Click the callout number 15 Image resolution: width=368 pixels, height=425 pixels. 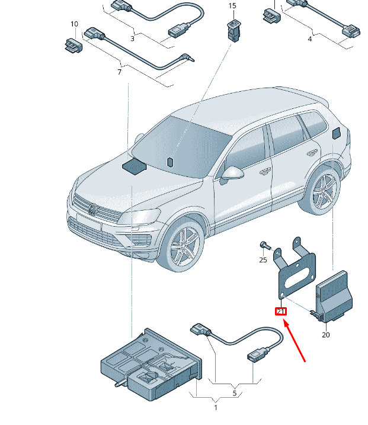pyautogui.click(x=232, y=6)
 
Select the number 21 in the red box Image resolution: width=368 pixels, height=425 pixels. pyautogui.click(x=280, y=311)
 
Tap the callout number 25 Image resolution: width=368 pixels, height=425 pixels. pyautogui.click(x=263, y=259)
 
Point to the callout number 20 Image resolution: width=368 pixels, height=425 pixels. pyautogui.click(x=325, y=334)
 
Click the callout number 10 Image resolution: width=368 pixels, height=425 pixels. pyautogui.click(x=74, y=24)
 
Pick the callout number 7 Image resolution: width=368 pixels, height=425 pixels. pyautogui.click(x=119, y=72)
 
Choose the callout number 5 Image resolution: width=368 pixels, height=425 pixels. pyautogui.click(x=234, y=392)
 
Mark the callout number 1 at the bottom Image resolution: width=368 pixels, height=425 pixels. pyautogui.click(x=216, y=407)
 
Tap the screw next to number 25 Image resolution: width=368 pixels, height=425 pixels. pyautogui.click(x=264, y=244)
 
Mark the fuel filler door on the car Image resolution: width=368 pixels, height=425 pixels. pyautogui.click(x=336, y=132)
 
